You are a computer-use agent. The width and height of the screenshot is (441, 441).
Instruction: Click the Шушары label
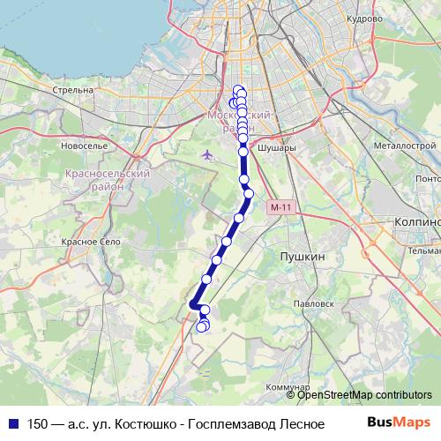pos(274,149)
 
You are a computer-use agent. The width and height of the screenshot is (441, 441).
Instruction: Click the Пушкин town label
pos(303,256)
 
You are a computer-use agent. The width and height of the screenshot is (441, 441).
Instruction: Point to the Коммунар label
pos(288,387)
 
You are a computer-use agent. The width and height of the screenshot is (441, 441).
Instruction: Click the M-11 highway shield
pos(281,207)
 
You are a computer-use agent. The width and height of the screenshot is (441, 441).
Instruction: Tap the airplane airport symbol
pos(208,155)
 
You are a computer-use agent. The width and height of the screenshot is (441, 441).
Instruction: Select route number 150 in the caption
pos(39,423)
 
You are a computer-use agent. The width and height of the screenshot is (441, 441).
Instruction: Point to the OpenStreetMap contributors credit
pos(364,395)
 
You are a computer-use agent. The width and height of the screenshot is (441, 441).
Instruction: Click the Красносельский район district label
pos(107,181)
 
